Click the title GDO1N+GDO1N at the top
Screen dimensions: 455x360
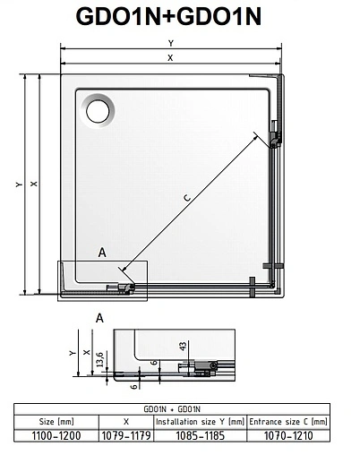[x=179, y=19]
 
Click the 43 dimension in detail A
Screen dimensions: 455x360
[x=183, y=345]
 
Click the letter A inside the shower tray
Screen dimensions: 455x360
[x=103, y=253]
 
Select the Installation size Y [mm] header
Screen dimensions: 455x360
[x=199, y=420]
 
